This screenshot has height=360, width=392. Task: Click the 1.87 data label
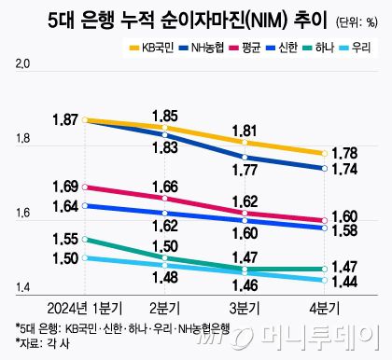[x=66, y=120]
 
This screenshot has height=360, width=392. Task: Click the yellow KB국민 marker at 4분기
[x=323, y=153]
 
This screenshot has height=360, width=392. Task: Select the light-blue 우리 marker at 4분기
[x=323, y=280]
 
